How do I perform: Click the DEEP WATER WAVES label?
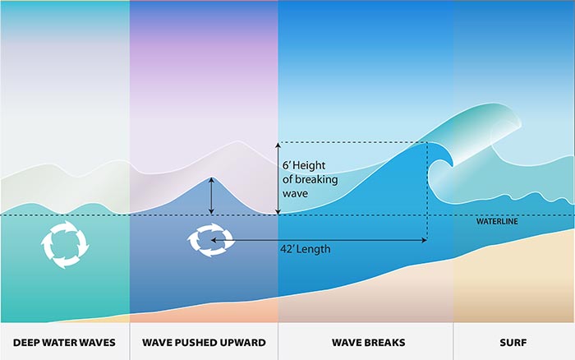pos(64,341)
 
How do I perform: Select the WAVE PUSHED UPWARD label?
pos(204,341)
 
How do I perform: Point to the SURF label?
pos(514,341)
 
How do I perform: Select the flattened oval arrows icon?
pos(210,238)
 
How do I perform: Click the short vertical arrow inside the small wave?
pos(212,196)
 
